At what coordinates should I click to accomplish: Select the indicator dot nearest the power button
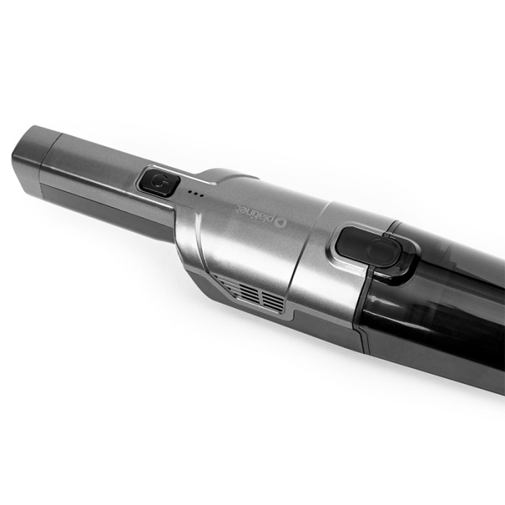(190, 191)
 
